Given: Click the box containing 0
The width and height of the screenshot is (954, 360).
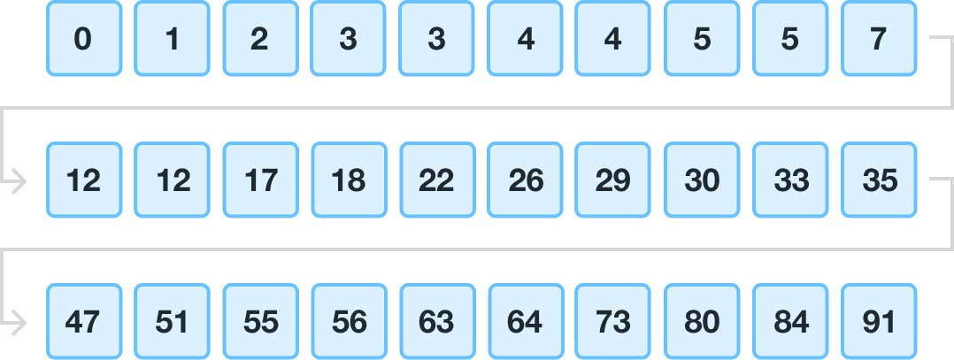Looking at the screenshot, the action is pos(83,39).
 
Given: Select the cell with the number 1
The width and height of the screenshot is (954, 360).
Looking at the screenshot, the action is pos(172,39).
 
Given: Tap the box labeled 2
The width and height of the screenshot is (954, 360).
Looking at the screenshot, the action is pos(260,39).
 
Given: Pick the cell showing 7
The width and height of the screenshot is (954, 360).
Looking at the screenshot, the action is pos(879,39).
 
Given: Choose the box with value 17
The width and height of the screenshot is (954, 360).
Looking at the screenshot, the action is pos(260,180).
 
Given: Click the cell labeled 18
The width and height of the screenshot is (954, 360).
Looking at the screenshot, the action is pos(349,180).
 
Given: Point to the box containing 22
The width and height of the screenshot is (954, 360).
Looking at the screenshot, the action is pos(437,180).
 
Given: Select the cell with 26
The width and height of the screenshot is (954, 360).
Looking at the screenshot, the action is pos(526,180).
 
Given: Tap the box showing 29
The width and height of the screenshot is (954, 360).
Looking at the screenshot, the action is pos(613,180).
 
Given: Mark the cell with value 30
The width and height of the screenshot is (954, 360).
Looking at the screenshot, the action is pos(702,180).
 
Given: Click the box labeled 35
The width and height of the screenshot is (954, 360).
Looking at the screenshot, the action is pos(879,180).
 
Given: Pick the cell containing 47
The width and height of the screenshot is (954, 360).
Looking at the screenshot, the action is pos(83,322).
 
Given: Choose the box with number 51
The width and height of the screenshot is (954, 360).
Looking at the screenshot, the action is pos(172,322).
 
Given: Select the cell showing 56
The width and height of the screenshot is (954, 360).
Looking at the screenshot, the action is pos(349,322).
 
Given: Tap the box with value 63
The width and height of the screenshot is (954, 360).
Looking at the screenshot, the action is pos(437,322).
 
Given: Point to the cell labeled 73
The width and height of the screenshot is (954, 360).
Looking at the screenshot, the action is pos(613,322).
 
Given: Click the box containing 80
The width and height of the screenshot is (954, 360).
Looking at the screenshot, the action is pos(702,322).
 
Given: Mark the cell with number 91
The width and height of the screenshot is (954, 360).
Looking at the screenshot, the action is pos(879,322).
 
